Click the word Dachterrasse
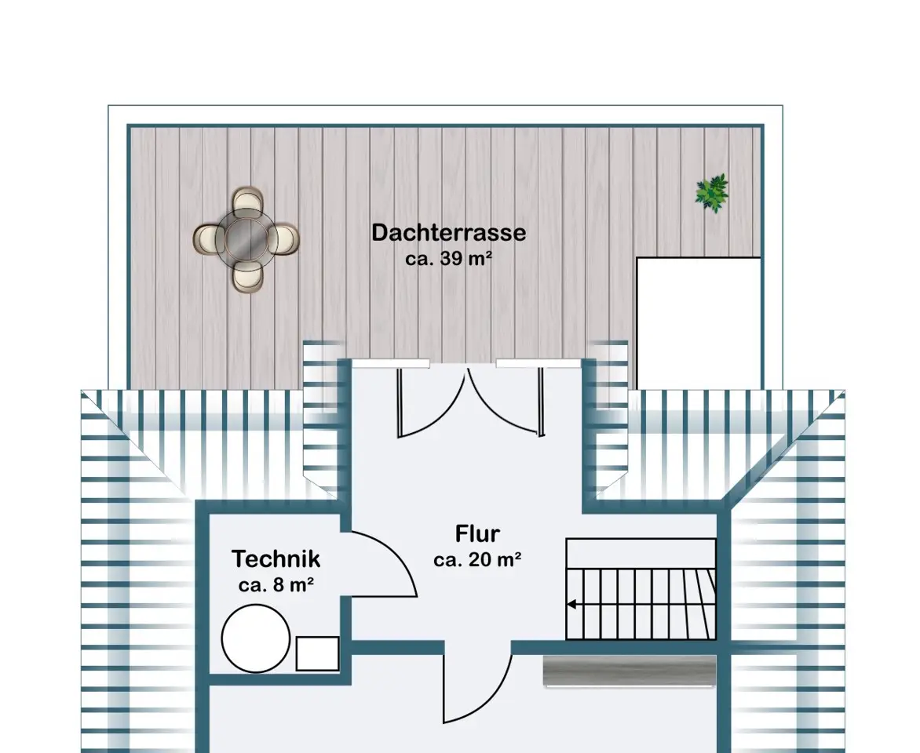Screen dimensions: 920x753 (x=449, y=233)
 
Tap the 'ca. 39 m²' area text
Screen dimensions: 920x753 (x=448, y=258)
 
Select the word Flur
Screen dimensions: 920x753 (x=477, y=533)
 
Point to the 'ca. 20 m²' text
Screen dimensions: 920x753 (x=477, y=560)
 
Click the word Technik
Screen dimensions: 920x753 (x=276, y=559)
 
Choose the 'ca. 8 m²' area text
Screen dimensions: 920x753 (x=276, y=584)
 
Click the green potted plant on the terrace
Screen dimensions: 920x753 (x=712, y=193)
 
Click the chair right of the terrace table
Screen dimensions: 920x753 (x=284, y=239)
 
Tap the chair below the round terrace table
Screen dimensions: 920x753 (x=247, y=276)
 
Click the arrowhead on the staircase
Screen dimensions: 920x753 (x=571, y=604)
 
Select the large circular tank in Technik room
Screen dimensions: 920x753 (x=256, y=638)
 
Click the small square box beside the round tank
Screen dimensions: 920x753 (x=317, y=653)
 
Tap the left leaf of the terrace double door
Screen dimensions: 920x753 (x=431, y=405)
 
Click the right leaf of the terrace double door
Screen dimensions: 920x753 (x=505, y=405)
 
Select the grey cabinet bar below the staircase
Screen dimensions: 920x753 (x=629, y=671)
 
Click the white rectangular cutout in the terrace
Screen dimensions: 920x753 (x=698, y=322)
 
